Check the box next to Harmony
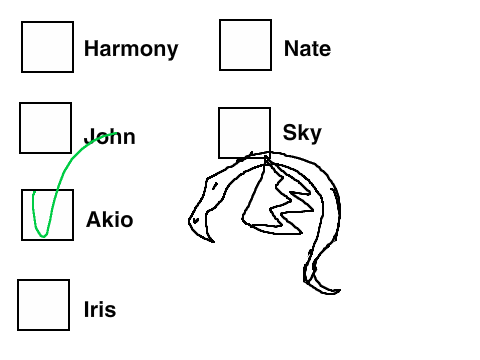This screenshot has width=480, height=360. (x=47, y=47)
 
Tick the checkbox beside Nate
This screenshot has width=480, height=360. (x=245, y=45)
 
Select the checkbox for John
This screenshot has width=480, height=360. (x=46, y=128)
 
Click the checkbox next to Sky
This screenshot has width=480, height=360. (x=244, y=133)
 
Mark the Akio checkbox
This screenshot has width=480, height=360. (x=47, y=215)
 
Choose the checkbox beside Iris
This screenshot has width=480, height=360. (x=44, y=305)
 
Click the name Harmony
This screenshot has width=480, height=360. (x=131, y=49)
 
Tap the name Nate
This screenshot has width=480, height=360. (x=307, y=49)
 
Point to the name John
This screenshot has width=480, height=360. (x=110, y=137)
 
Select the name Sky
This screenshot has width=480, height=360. (x=302, y=133)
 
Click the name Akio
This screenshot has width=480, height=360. (x=110, y=220)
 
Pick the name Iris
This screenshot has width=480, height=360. (x=100, y=309)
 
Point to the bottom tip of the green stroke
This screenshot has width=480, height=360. (x=43, y=237)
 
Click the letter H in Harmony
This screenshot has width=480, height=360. (x=91, y=49)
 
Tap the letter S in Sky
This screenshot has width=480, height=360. (x=290, y=132)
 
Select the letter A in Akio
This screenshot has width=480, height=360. (x=94, y=220)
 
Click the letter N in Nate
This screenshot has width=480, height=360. (x=292, y=49)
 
